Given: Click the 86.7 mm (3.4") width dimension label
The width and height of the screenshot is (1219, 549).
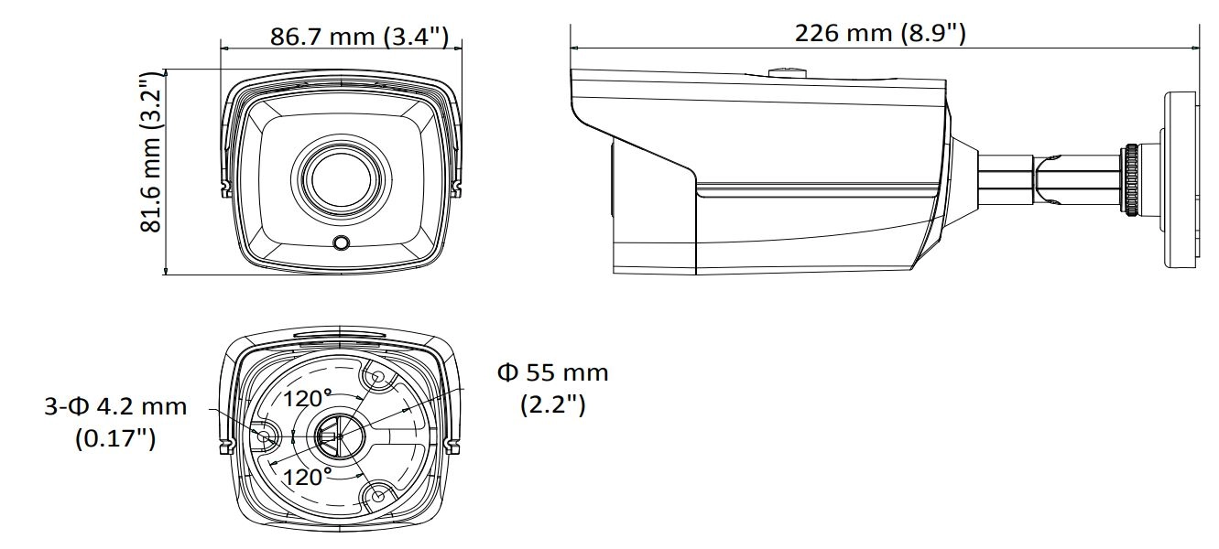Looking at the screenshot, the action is click(359, 37).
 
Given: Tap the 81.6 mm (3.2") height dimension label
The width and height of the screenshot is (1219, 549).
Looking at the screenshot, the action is click(151, 152).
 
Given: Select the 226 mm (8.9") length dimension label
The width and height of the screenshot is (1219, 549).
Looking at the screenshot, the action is click(880, 33).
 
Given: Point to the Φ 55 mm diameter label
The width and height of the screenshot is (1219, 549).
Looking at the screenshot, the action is click(552, 373).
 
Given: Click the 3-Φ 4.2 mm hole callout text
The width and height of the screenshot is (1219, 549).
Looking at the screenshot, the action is click(115, 406).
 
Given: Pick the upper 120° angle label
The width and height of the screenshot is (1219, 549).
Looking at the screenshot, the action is click(307, 398).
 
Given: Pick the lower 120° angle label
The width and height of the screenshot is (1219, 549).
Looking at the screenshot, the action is click(307, 477).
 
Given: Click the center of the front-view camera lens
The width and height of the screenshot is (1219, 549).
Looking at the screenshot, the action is click(341, 178).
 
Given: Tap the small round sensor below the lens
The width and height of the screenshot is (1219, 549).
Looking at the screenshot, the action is click(342, 242).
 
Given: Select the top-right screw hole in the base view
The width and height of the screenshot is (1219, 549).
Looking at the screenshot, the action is click(376, 377).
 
